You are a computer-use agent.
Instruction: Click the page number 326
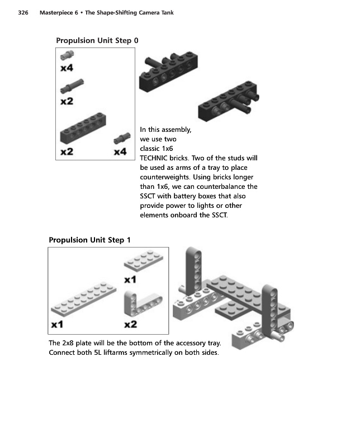(x=23, y=12)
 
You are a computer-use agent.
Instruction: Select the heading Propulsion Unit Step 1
(x=90, y=240)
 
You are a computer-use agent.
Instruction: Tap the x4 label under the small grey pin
(x=67, y=68)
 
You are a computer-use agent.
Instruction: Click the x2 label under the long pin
(x=67, y=101)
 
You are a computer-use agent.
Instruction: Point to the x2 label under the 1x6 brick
(x=67, y=152)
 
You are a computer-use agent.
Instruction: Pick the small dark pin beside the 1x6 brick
(x=120, y=139)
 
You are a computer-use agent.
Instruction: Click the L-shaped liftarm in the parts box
(x=141, y=305)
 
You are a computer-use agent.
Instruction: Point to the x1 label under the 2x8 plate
(x=58, y=325)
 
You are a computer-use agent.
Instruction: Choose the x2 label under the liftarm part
(x=131, y=324)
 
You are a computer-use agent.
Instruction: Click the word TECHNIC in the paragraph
(x=157, y=158)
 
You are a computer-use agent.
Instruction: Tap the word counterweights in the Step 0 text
(x=163, y=177)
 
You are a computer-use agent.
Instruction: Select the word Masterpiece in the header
(x=57, y=12)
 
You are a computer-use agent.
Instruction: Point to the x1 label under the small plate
(x=130, y=279)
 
